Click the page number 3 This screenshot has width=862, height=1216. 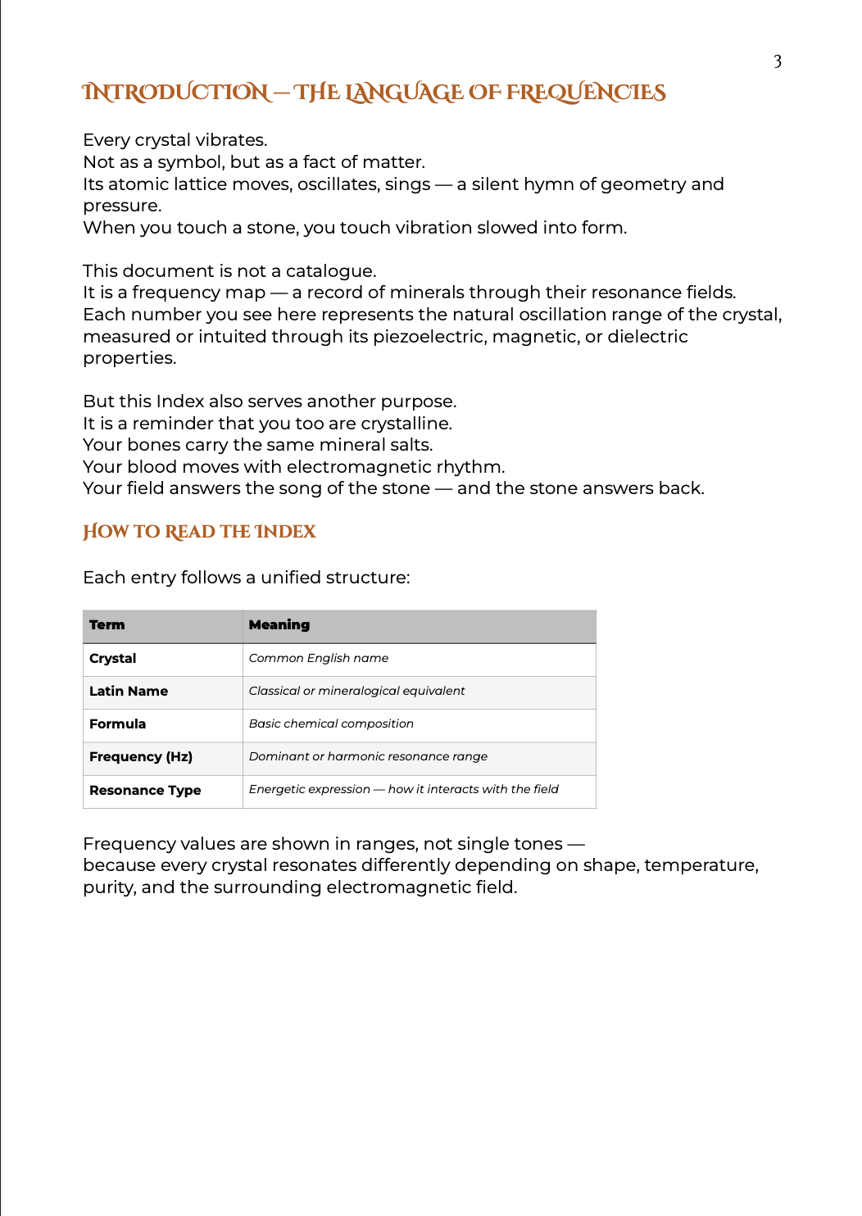click(777, 61)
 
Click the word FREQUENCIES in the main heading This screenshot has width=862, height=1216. click(585, 93)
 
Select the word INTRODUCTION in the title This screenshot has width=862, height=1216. click(175, 93)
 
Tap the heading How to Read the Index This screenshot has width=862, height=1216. click(199, 532)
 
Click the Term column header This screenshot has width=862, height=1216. click(107, 625)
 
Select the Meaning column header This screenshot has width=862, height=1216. click(279, 625)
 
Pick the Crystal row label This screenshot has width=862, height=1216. click(113, 659)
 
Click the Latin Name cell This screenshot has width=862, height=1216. click(129, 692)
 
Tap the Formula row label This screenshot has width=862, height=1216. click(117, 724)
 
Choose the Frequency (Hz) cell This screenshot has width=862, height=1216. click(141, 757)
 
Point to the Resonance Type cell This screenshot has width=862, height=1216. click(145, 791)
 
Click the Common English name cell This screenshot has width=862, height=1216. click(319, 659)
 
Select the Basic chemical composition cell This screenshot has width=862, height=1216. click(331, 724)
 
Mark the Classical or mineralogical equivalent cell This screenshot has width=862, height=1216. click(356, 692)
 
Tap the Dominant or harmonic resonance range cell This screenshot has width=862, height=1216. click(368, 757)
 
